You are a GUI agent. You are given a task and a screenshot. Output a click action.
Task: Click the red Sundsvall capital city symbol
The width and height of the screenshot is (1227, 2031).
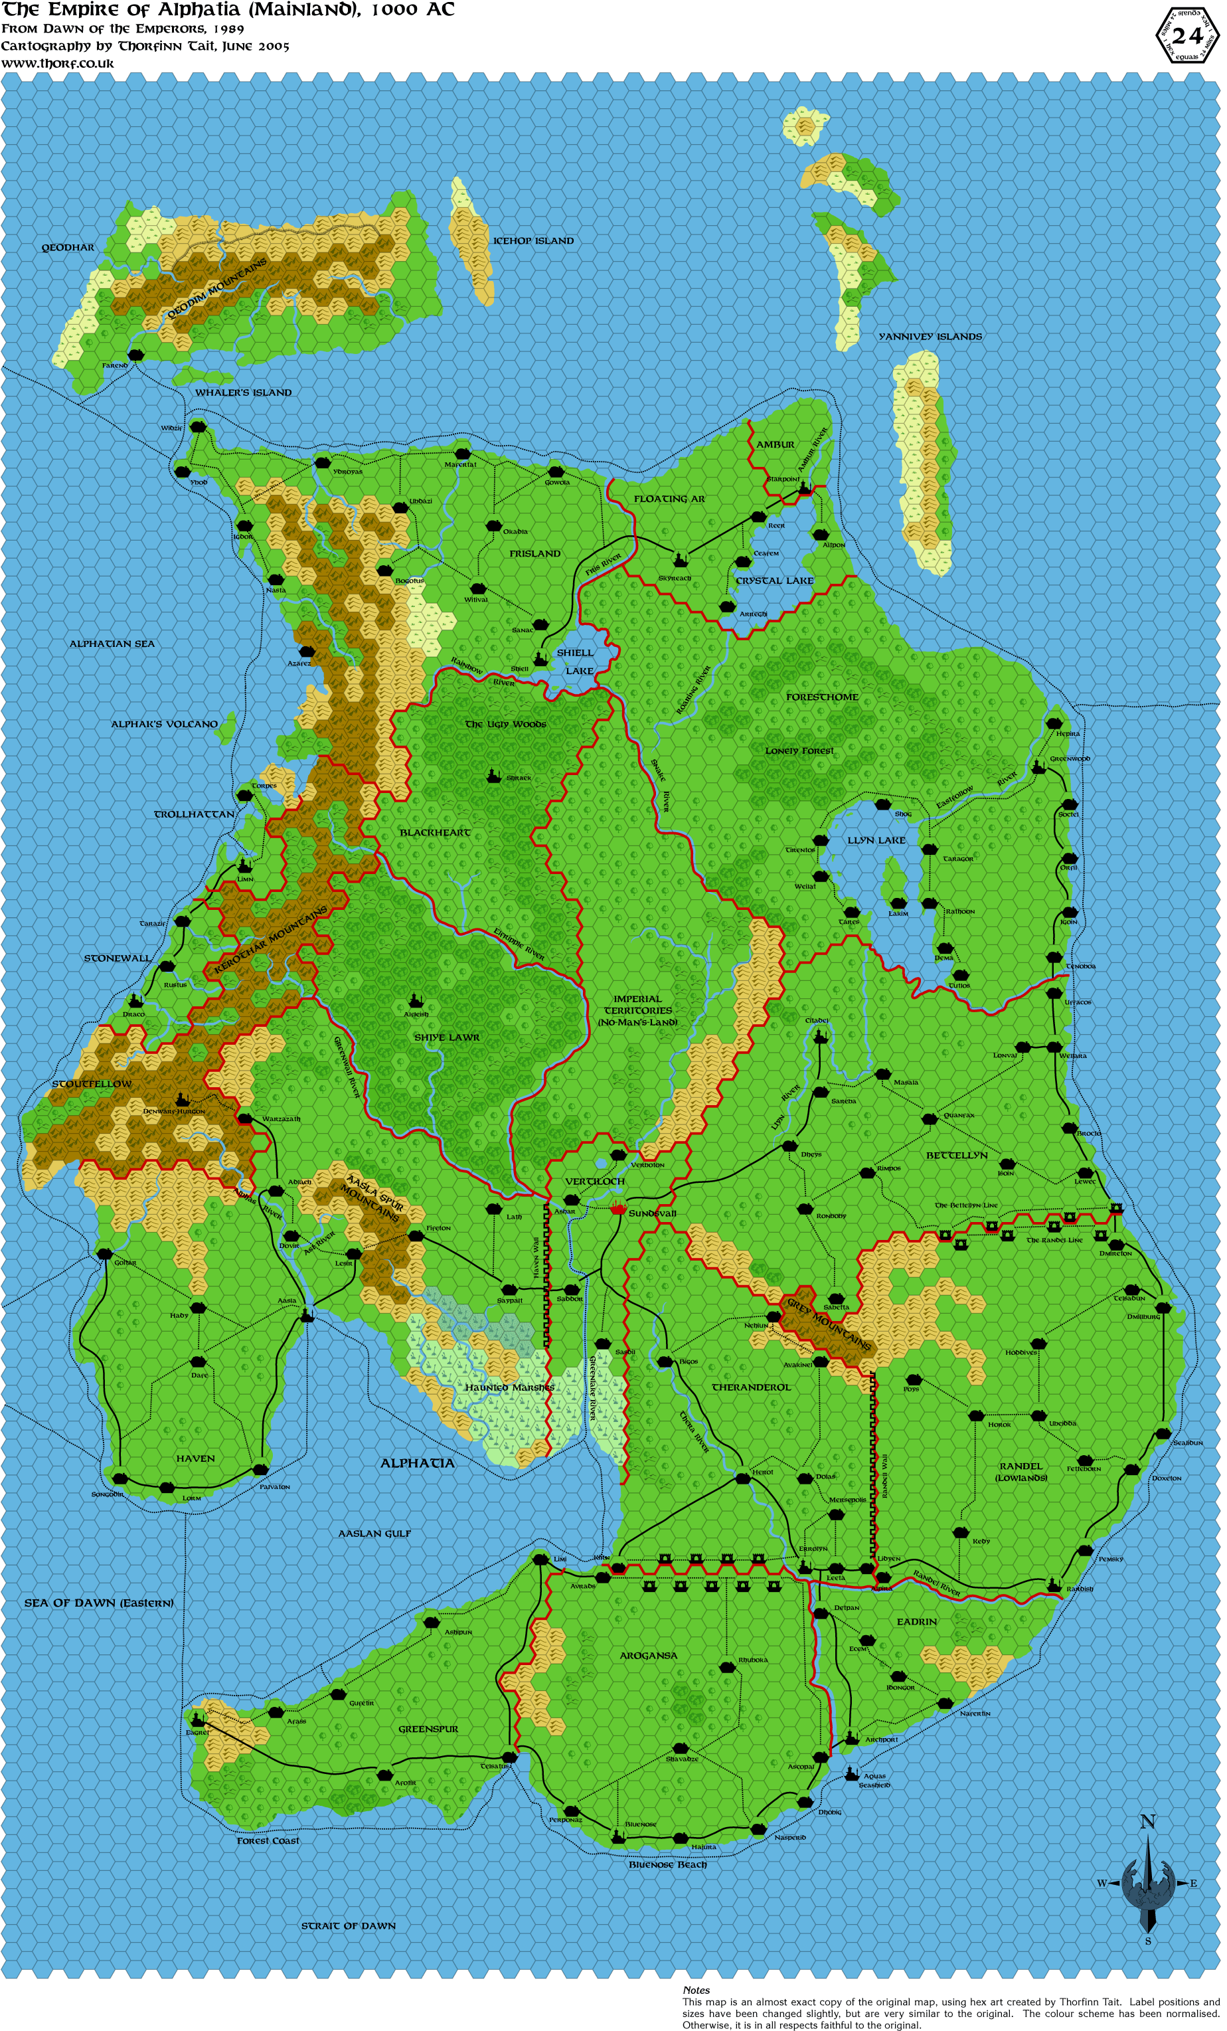(x=618, y=1209)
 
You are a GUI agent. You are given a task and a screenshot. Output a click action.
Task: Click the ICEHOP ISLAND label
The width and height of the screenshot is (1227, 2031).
(x=532, y=240)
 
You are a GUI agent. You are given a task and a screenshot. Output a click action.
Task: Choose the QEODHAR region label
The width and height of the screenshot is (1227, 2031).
(x=68, y=247)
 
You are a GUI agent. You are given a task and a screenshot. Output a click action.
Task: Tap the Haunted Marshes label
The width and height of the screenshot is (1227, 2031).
(x=509, y=1387)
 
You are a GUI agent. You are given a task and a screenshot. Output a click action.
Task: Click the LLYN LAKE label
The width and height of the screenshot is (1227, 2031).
(x=876, y=840)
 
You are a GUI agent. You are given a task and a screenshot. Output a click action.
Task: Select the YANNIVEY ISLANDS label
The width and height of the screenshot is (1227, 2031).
(x=930, y=336)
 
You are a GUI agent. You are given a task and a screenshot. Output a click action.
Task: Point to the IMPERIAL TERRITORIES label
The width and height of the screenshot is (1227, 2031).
(x=638, y=1010)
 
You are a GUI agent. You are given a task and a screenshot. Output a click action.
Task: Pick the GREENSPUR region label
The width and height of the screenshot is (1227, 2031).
(x=428, y=1729)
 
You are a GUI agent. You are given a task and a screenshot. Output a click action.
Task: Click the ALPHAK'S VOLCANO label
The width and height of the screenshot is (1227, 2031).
(x=165, y=724)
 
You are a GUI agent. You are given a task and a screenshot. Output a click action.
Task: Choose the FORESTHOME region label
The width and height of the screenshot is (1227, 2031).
(x=821, y=697)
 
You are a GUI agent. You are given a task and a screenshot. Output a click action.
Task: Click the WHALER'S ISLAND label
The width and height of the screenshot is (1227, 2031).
(x=243, y=393)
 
